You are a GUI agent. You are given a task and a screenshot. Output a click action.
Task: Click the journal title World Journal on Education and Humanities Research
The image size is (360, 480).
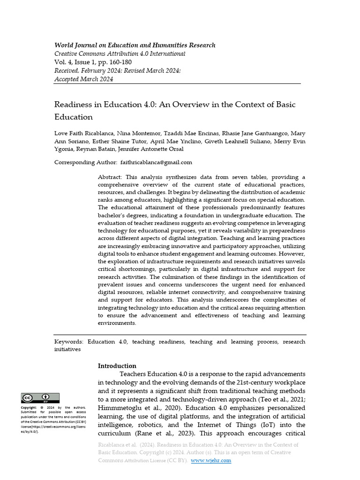point(135,45)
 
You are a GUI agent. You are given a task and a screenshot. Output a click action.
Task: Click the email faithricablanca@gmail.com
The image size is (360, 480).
point(156,162)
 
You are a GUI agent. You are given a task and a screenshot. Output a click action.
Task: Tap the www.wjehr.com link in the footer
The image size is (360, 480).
point(211,460)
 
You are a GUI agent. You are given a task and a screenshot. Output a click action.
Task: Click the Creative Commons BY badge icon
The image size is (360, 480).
point(40,398)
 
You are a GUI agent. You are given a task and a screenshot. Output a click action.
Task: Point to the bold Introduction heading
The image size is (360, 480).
point(117,366)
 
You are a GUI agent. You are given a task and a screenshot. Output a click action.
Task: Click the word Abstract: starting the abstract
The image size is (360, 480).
point(110,177)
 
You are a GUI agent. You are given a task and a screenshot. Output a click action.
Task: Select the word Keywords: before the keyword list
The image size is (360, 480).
point(68,342)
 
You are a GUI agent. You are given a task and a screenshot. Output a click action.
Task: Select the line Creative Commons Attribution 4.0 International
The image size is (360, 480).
point(120,54)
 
